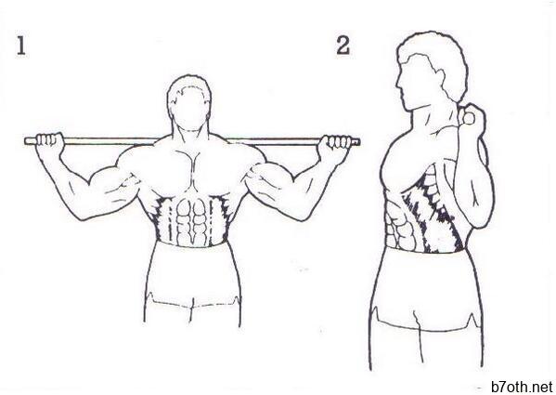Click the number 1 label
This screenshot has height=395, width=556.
click(21, 46)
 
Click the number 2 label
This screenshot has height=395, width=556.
click(343, 46)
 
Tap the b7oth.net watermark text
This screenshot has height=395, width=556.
click(522, 387)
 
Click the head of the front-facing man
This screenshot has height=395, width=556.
click(189, 102)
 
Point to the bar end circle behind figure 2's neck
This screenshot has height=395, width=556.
click(469, 119)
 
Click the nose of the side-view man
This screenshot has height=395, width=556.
click(398, 86)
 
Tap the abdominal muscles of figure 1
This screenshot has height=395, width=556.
click(191, 221)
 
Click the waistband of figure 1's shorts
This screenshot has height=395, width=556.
click(191, 244)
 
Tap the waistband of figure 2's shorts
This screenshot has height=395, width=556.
click(425, 251)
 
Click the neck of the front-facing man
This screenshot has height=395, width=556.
click(190, 136)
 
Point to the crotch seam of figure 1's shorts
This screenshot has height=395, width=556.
click(192, 309)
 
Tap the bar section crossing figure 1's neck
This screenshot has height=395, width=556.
click(190, 141)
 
